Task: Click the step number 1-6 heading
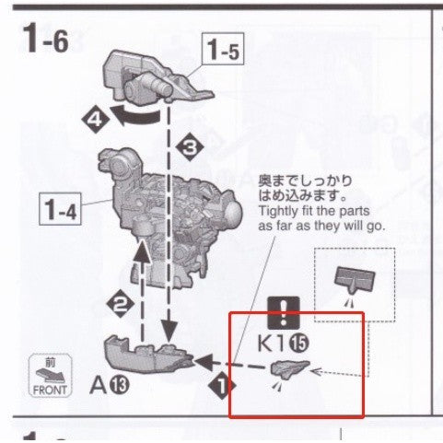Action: point(46,39)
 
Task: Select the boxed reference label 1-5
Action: point(223,49)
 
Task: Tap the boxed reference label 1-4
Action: point(60,209)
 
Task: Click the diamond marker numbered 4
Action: point(95,120)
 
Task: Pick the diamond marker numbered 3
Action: point(190,147)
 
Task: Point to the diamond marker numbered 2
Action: point(120,305)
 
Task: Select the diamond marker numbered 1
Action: point(222,386)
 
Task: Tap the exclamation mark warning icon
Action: point(284,313)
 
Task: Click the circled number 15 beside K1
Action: point(299,344)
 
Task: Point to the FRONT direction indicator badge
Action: point(51,375)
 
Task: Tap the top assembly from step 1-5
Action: point(155,78)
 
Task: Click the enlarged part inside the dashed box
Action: point(355,279)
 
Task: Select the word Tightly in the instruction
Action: point(278,212)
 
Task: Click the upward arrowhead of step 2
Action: point(142,251)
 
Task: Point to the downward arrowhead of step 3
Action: point(169,332)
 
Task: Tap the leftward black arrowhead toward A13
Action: point(204,362)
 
